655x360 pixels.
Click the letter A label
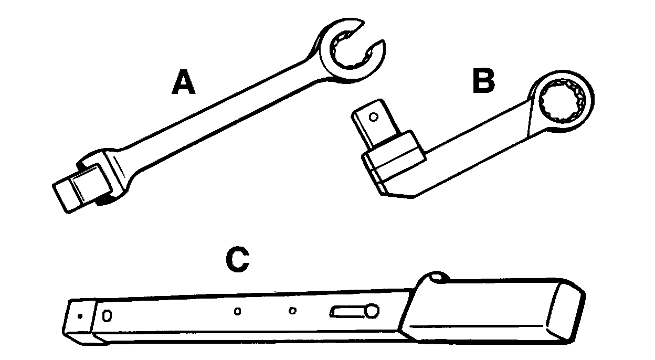coord(183,84)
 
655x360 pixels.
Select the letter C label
coord(237,259)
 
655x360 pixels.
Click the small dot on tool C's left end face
coord(79,316)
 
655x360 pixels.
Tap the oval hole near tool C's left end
coord(108,315)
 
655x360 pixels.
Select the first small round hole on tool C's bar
coord(237,312)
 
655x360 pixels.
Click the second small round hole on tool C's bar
coord(293,311)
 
